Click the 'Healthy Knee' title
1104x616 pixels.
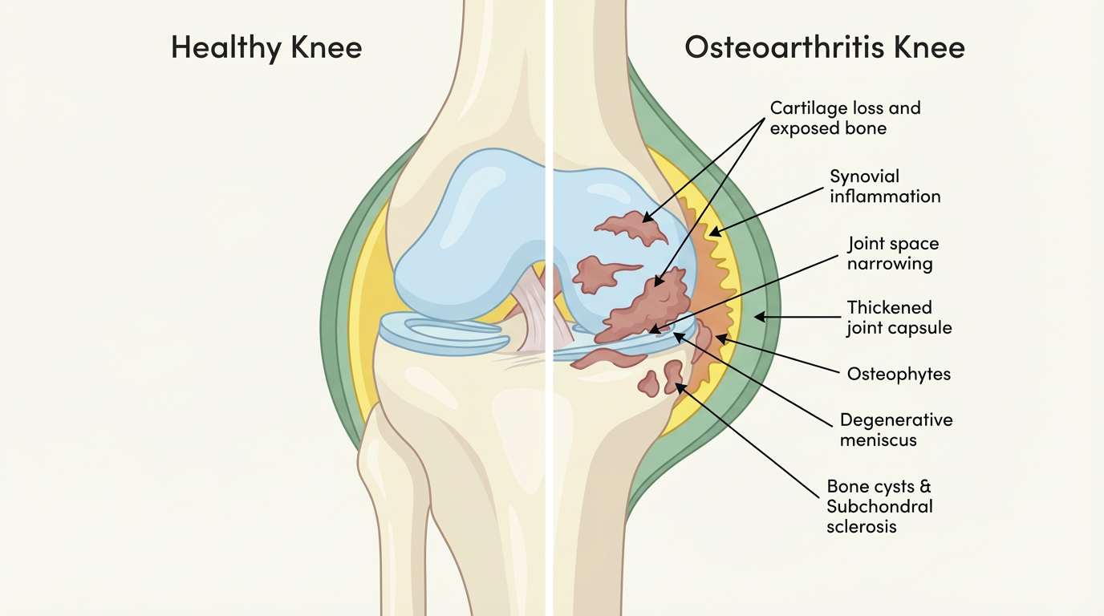coord(266,48)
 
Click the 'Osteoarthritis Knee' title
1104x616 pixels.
coord(825,48)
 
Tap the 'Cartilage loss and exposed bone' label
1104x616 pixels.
coord(845,118)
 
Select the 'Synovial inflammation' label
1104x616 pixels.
coord(885,186)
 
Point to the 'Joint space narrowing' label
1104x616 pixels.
coord(893,253)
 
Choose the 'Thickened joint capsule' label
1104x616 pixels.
coord(899,318)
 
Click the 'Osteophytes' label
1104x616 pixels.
coord(899,374)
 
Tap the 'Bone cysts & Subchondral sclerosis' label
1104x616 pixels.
coord(879,506)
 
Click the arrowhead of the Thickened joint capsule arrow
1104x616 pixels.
coord(757,318)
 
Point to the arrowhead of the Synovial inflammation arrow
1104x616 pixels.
coord(711,234)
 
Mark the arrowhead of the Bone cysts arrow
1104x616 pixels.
coord(679,387)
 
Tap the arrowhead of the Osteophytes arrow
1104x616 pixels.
coord(720,338)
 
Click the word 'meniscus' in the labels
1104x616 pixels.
coord(878,440)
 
